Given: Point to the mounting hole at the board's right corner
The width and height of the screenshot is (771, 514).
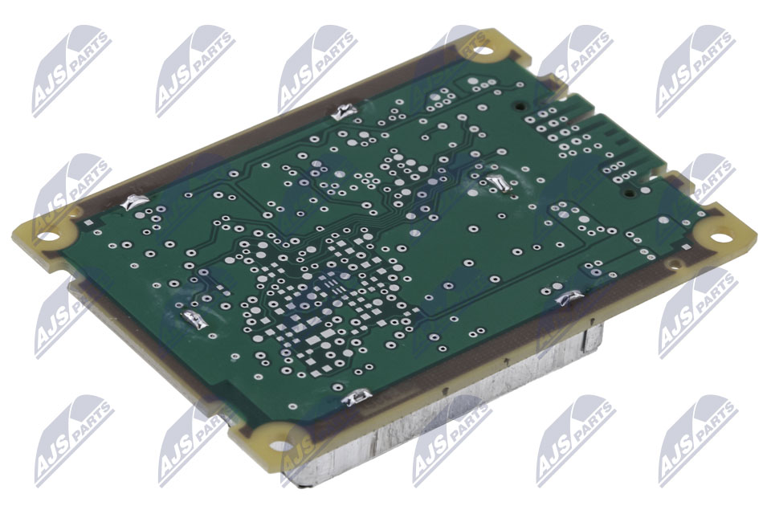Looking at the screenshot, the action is click(x=718, y=237).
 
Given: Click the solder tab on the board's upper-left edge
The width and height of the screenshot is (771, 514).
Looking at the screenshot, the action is click(x=344, y=112).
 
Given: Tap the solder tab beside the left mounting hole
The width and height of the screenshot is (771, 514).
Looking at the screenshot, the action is click(x=135, y=202).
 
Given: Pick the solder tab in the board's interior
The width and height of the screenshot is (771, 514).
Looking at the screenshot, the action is click(x=498, y=183).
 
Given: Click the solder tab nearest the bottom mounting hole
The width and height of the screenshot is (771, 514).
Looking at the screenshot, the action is click(x=357, y=397).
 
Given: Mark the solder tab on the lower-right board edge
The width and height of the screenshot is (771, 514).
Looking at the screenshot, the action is click(x=569, y=297).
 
